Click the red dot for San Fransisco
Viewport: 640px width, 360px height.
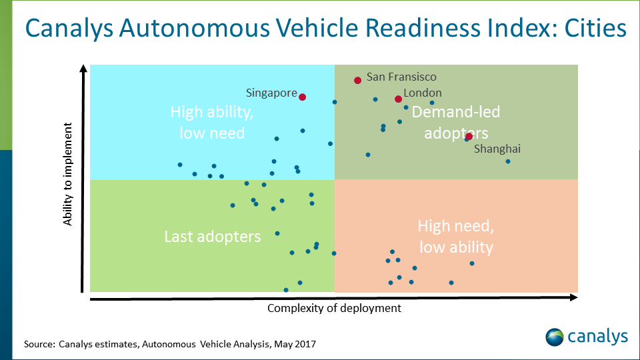coord(357,80)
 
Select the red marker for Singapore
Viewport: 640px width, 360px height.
coord(302,97)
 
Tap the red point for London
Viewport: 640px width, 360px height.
coord(398,99)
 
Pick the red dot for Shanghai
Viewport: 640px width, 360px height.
coord(469,136)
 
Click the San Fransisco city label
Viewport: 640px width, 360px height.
coord(401,77)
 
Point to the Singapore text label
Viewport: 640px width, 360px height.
coord(271,93)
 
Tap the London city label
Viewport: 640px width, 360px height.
coord(423,93)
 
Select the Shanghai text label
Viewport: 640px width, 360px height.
coord(497,149)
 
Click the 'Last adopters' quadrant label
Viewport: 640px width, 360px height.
coord(213,237)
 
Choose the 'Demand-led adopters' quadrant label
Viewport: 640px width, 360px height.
coord(456,123)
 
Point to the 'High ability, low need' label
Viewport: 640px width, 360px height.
coord(212,123)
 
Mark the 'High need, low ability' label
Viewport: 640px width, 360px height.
coord(456,237)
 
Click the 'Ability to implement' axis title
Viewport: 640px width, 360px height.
coord(68,173)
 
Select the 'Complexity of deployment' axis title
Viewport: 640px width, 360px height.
coord(334,308)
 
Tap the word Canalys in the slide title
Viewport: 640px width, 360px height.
coord(70,29)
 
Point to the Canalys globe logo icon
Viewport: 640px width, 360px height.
coord(555,337)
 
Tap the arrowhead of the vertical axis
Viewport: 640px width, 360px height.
coord(83,69)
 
